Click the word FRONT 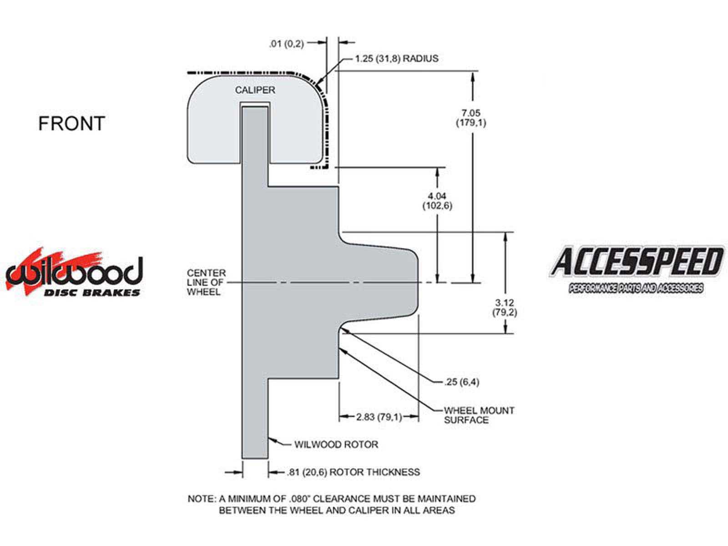point(71,123)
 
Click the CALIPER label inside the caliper point(255,90)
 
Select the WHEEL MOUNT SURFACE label point(479,415)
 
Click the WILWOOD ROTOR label point(336,445)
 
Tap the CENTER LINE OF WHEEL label point(206,283)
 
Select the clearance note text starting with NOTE point(332,505)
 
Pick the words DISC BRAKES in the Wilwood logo point(92,293)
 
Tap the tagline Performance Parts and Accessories point(636,288)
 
